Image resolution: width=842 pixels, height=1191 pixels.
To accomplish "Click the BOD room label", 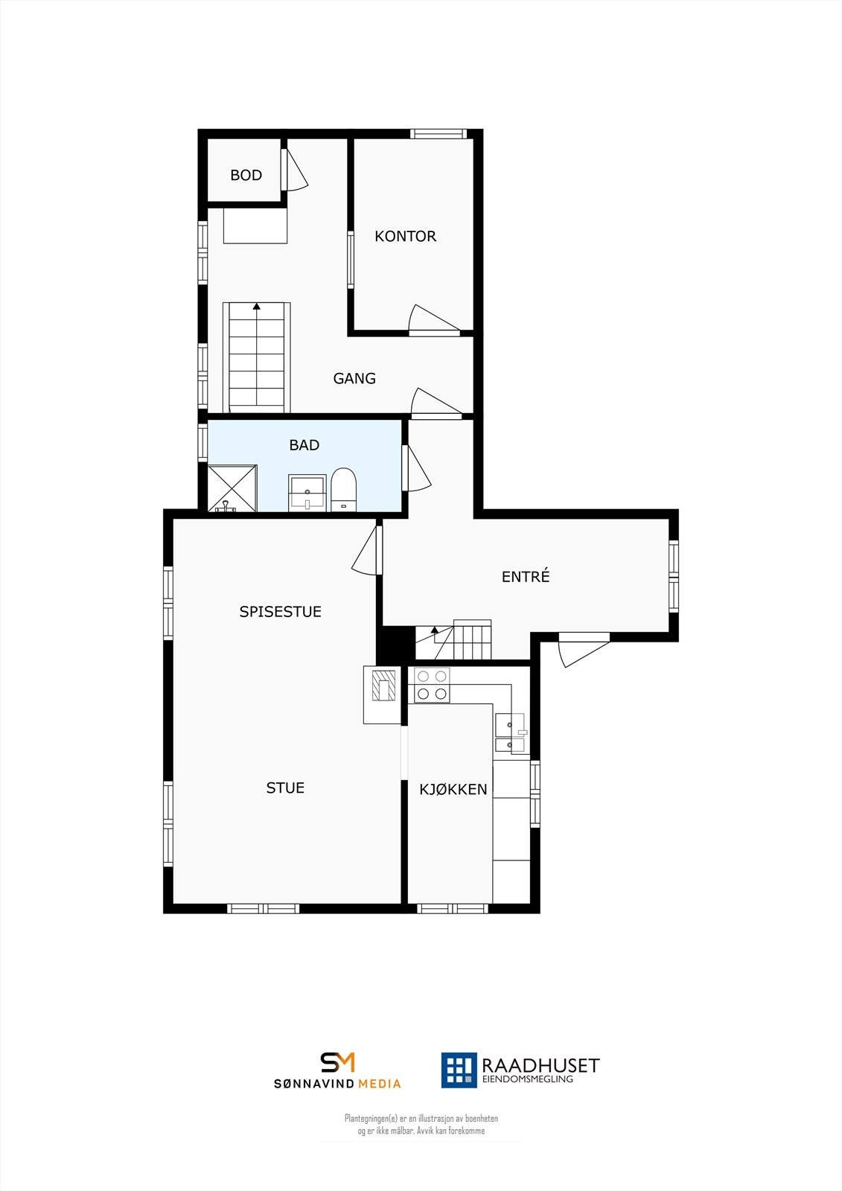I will point(246,175).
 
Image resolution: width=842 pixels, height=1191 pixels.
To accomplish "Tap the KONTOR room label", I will point(405,236).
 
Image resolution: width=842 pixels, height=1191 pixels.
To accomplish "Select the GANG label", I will point(354,378).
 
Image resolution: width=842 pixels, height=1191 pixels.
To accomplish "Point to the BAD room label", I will point(304,445).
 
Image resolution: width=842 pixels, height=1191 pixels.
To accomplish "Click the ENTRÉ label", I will point(526,576).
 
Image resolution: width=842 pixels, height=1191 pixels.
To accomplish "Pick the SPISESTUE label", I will point(280,611).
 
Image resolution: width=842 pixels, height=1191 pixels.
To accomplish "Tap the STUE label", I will point(285,788).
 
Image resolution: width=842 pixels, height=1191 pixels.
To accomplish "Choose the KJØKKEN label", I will point(453,789).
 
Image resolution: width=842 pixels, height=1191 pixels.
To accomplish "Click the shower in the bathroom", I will point(232,488).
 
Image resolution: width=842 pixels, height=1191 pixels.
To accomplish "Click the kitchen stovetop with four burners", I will point(432,685).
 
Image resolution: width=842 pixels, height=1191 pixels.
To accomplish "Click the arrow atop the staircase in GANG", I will point(257,305).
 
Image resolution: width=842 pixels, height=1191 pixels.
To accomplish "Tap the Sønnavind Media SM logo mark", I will point(337,1062).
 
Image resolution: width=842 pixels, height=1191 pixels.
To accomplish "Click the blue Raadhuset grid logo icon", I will point(459,1070).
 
